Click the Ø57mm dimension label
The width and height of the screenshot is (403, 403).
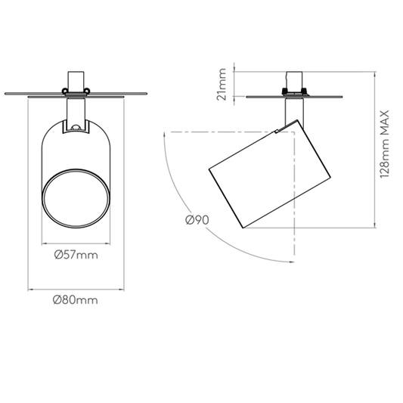point(76,256)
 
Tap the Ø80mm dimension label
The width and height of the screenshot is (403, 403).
point(76,300)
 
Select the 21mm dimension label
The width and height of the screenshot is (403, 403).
point(222,84)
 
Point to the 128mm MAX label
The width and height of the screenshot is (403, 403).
point(385,144)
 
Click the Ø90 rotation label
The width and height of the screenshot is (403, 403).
point(197,220)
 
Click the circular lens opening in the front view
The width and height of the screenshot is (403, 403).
point(76,198)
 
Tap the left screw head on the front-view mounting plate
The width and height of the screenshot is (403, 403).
point(64,91)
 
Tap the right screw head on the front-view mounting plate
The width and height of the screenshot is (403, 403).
point(88,91)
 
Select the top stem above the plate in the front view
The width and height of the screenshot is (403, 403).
point(76,81)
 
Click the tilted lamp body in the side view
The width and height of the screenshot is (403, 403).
point(270,174)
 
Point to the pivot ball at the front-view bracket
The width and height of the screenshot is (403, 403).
point(76,127)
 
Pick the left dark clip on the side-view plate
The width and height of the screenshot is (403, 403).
point(285,91)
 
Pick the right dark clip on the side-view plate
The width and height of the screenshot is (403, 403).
point(304,91)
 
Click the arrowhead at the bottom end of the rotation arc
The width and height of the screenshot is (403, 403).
point(292,262)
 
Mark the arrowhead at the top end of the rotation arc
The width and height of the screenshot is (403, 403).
point(164,135)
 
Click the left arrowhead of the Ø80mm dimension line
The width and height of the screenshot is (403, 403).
point(30,290)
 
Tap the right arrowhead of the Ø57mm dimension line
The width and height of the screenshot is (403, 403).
point(107,243)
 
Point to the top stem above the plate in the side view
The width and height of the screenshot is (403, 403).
point(295,80)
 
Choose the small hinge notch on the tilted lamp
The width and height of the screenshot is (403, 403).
point(276,132)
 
